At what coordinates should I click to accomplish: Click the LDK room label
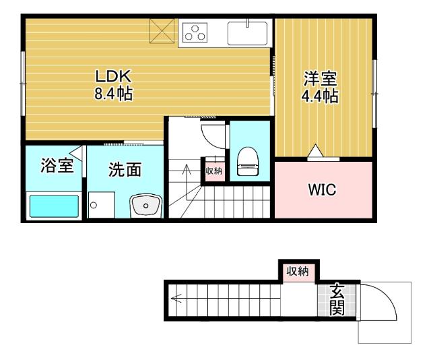click(112, 76)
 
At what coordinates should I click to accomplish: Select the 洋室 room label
click(319, 78)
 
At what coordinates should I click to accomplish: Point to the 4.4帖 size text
click(319, 96)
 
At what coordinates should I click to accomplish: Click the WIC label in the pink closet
click(322, 189)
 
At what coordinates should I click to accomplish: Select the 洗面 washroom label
click(125, 170)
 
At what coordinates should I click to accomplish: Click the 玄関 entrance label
click(337, 301)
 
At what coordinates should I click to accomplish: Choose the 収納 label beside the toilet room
click(213, 171)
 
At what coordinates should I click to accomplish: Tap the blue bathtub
click(53, 205)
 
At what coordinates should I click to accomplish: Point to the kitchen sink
click(247, 32)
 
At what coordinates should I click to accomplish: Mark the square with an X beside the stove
click(162, 32)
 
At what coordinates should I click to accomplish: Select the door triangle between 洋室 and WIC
click(314, 153)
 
